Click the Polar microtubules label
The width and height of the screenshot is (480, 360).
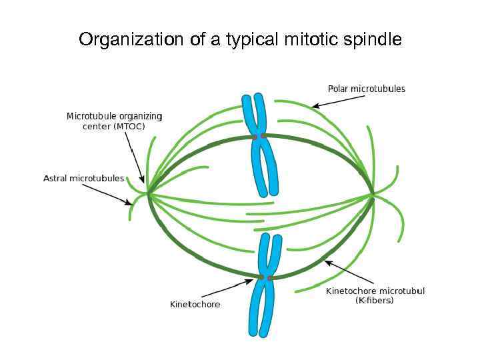(366, 89)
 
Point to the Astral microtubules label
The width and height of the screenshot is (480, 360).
(83, 178)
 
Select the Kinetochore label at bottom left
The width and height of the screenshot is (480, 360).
(195, 305)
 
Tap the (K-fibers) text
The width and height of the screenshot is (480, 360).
(375, 301)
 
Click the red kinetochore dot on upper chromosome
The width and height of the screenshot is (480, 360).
(255, 137)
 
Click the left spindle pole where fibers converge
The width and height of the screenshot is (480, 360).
(148, 194)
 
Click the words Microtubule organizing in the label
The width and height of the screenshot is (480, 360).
(114, 116)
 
